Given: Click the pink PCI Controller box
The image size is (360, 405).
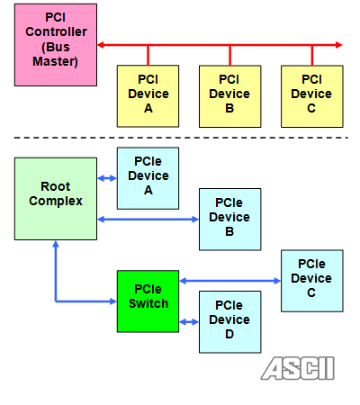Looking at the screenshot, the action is click(x=56, y=45).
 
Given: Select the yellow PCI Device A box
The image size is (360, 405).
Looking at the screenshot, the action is click(x=148, y=96).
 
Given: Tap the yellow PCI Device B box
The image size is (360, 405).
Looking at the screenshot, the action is click(x=230, y=96).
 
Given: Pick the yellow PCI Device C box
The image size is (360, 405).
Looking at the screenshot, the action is click(x=312, y=96).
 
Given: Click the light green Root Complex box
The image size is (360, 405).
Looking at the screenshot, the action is click(x=56, y=199).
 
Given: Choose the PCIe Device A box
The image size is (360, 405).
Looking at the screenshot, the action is click(x=148, y=178).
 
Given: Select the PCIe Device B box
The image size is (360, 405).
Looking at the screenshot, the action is click(x=230, y=220).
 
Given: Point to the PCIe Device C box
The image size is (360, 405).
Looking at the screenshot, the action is click(x=312, y=281).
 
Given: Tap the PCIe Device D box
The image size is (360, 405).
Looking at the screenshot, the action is click(x=230, y=322).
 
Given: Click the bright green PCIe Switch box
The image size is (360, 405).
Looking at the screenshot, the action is click(x=148, y=301).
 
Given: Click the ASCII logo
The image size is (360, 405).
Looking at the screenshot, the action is click(x=298, y=368).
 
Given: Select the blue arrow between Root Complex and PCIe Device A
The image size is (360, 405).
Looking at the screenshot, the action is click(x=107, y=178).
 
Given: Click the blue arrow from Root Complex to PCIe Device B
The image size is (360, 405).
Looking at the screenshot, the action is click(x=148, y=220).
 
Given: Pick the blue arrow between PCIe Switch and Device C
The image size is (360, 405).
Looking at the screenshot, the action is click(x=230, y=281).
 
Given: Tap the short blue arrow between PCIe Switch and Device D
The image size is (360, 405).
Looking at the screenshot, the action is click(x=189, y=322).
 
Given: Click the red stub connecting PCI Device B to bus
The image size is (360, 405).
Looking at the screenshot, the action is click(x=230, y=56).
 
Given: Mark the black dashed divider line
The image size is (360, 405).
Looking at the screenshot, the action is click(x=181, y=138).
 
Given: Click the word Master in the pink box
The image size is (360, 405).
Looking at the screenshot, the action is click(x=55, y=61).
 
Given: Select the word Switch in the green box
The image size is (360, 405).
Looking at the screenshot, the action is click(x=148, y=303).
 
